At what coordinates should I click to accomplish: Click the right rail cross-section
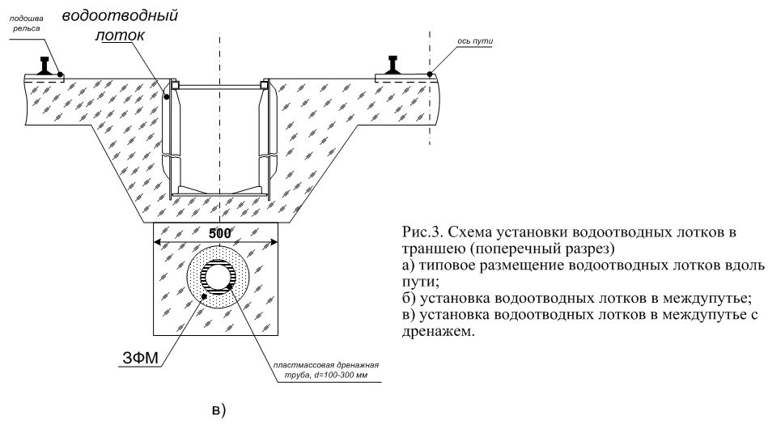point(396,64)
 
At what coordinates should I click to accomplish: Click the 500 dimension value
point(218,232)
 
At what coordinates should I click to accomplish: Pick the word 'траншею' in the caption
point(428,247)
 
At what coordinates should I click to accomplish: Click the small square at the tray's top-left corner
point(173,83)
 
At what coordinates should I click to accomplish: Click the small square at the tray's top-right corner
point(263,83)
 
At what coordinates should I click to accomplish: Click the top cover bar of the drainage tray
point(219,84)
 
